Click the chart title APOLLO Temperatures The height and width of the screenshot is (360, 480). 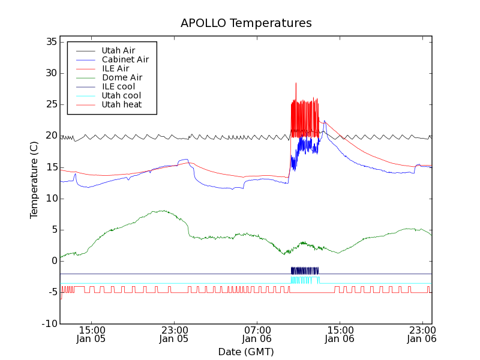pyautogui.click(x=246, y=23)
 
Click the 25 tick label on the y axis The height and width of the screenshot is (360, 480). pyautogui.click(x=50, y=104)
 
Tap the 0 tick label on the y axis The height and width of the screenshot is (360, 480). pyautogui.click(x=53, y=261)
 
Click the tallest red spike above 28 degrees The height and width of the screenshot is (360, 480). pyautogui.click(x=296, y=85)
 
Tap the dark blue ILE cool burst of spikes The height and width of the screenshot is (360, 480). pyautogui.click(x=304, y=271)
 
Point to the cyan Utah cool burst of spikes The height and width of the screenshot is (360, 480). pyautogui.click(x=305, y=280)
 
